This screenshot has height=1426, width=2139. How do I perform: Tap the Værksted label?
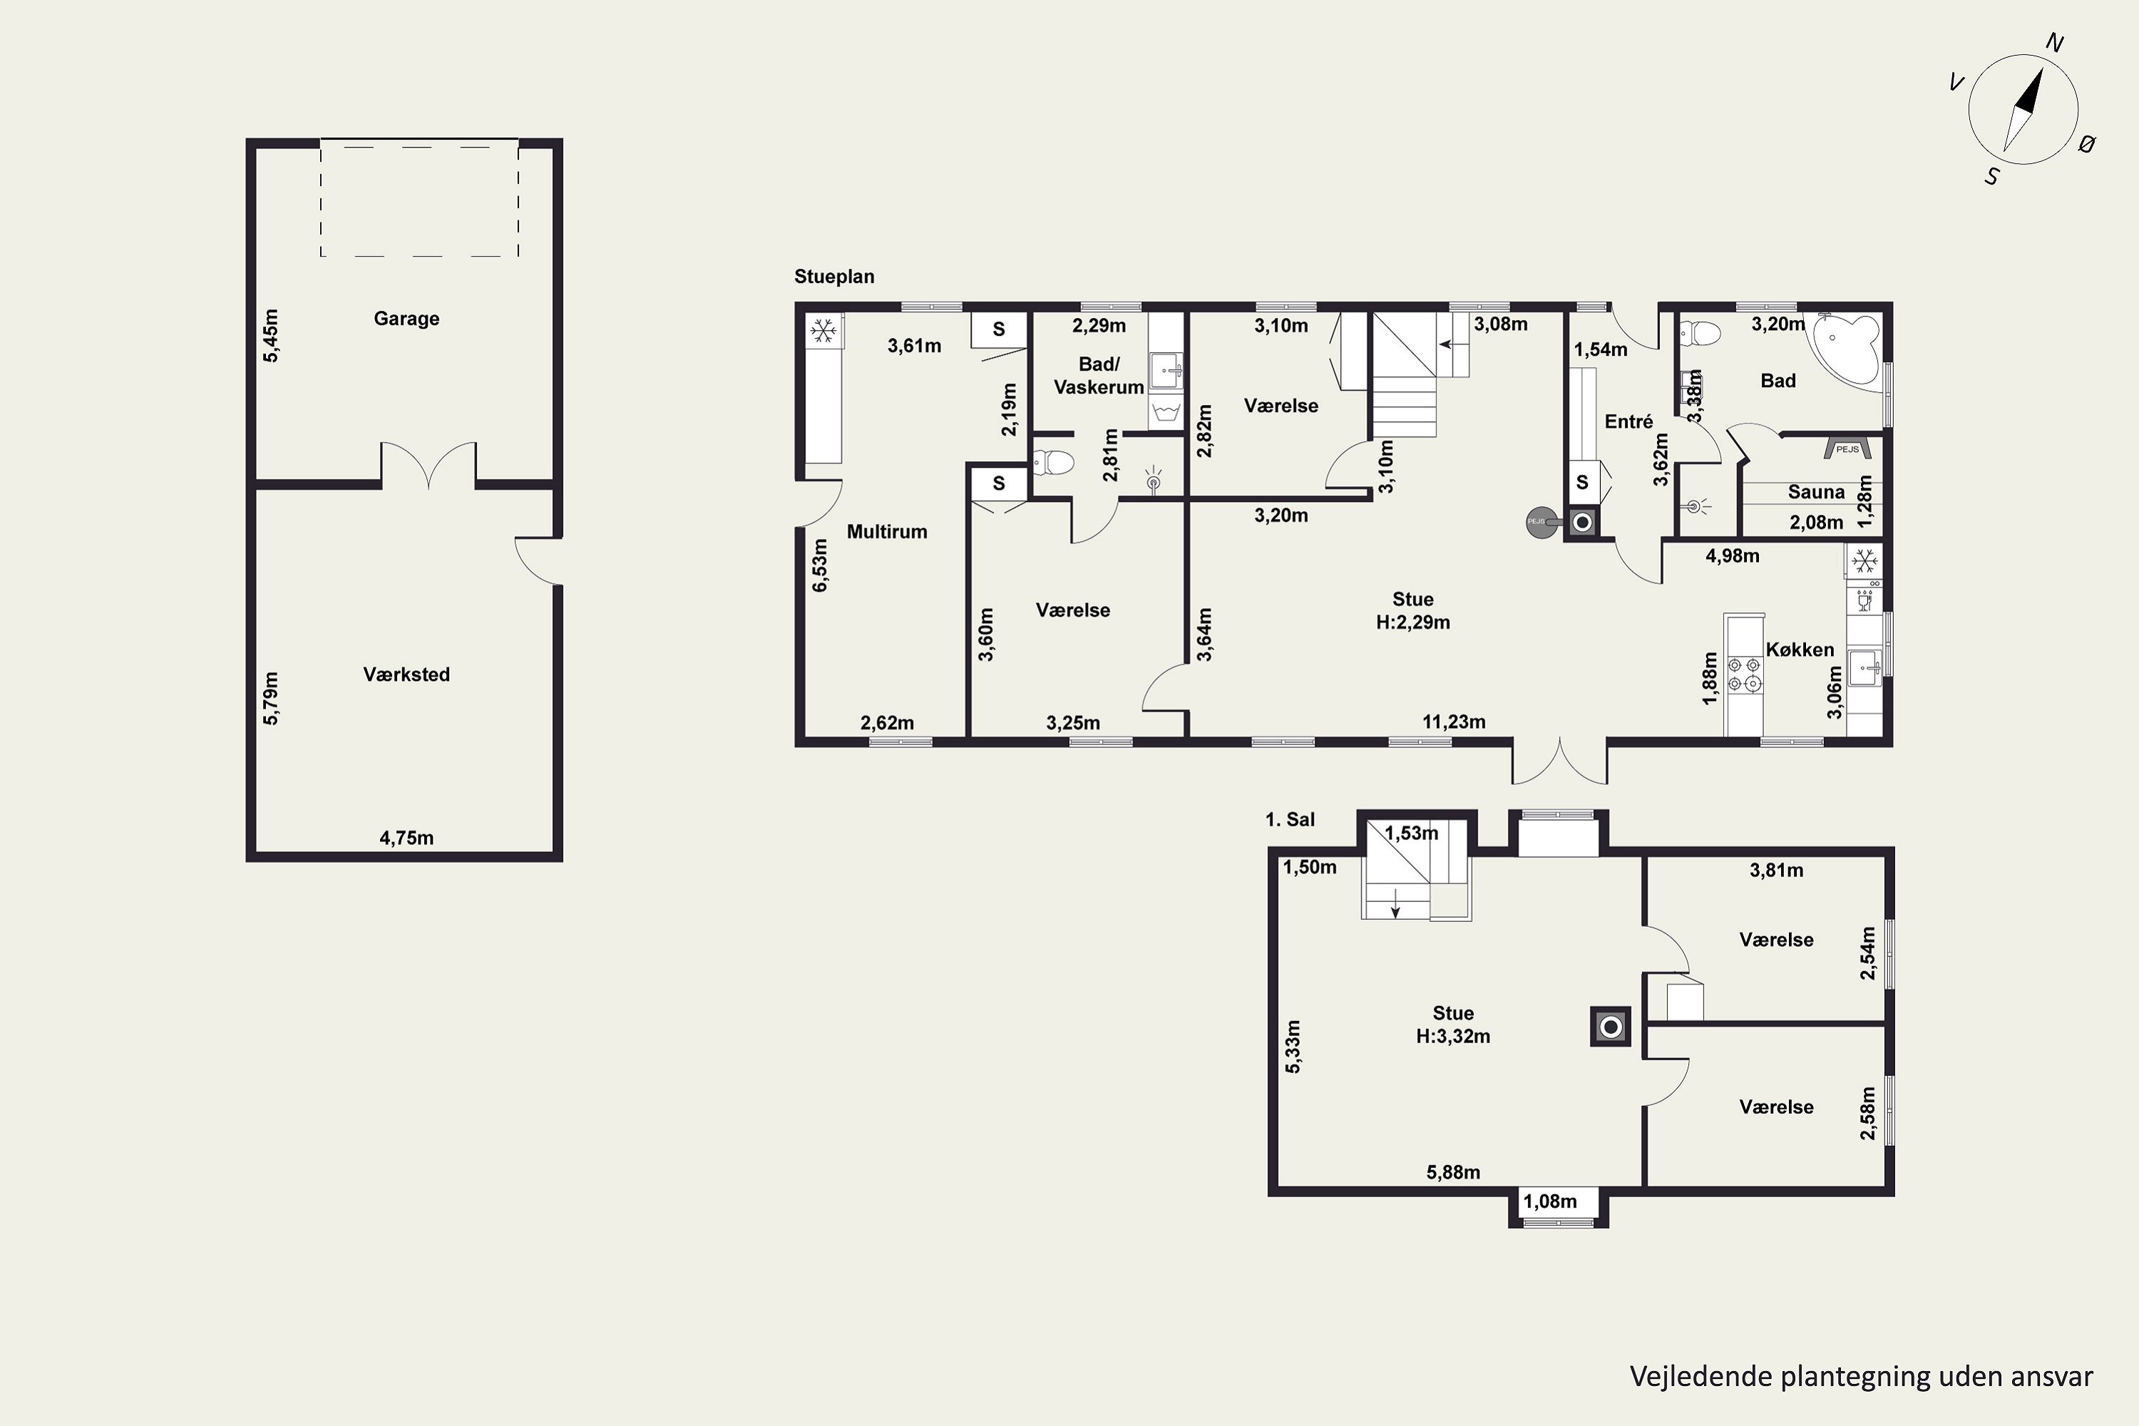click(406, 674)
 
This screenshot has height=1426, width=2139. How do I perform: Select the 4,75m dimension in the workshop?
click(406, 838)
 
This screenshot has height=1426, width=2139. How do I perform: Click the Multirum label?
click(887, 532)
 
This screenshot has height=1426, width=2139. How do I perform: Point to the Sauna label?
click(1816, 492)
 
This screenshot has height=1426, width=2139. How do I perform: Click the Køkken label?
click(1800, 650)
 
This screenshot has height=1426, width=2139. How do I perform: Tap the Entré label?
click(1628, 422)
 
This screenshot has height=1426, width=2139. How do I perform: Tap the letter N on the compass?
click(2054, 43)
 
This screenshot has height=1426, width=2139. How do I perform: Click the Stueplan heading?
click(834, 277)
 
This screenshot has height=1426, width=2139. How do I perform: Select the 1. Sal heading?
click(1290, 819)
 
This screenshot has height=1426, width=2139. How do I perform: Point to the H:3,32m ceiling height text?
click(1453, 1037)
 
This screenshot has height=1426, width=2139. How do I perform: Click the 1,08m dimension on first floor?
click(1549, 1201)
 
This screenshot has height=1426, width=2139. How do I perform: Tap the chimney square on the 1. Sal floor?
click(1610, 1027)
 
